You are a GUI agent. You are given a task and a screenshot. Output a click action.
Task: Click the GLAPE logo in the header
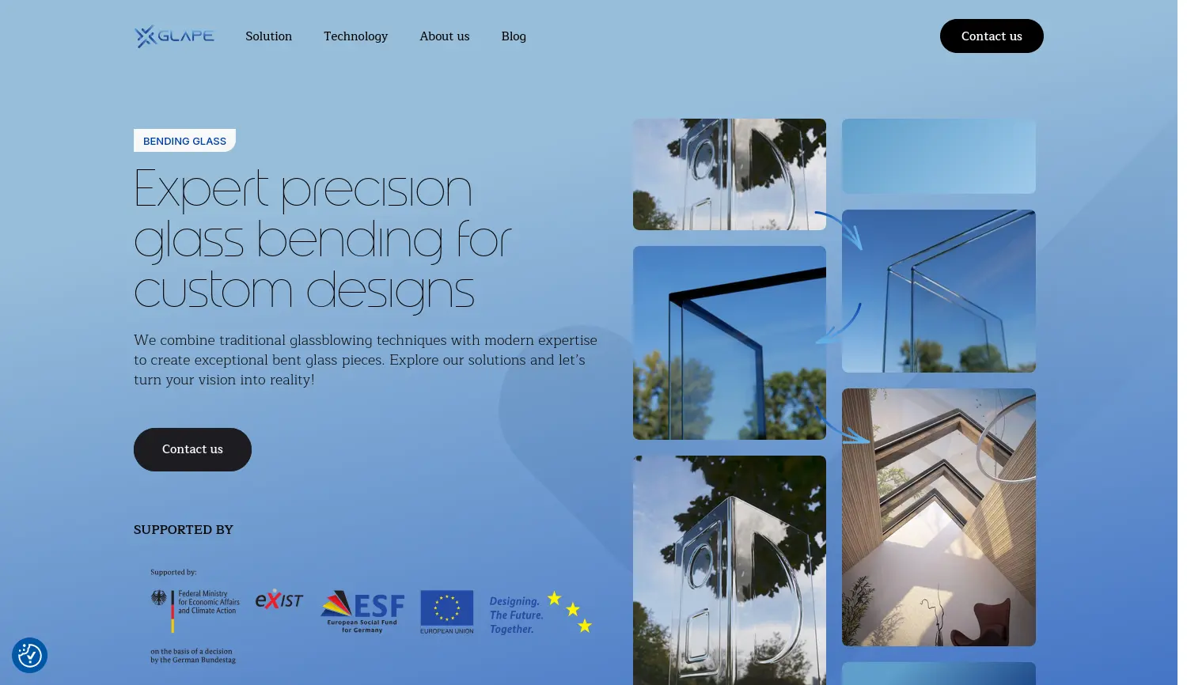174,36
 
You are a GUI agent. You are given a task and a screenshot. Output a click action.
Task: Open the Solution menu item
268,36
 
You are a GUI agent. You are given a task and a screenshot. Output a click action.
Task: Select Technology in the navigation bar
355,36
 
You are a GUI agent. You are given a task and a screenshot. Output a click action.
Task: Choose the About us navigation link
444,36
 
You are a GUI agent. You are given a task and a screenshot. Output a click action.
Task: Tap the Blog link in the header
513,36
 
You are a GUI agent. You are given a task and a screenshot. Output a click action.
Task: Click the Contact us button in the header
991,36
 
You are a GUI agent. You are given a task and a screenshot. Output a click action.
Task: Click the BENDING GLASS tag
184,141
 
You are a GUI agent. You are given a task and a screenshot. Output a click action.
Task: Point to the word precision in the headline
376,190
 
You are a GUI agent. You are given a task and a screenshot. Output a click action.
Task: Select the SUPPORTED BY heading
183,530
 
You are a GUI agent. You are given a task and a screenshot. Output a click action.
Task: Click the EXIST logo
279,600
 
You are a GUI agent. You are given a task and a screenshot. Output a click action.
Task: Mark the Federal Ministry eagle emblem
159,597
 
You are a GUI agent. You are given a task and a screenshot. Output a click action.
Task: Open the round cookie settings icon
29,656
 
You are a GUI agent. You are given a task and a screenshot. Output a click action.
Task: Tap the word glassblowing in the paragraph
330,340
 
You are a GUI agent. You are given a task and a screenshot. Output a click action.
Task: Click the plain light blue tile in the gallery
938,156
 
